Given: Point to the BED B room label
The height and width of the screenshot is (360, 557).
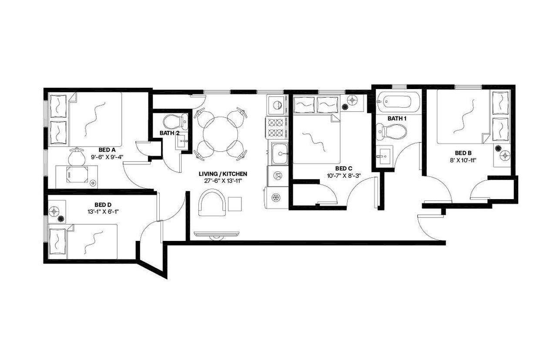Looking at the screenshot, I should pyautogui.click(x=463, y=153).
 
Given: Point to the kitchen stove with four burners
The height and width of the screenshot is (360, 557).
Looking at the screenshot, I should pyautogui.click(x=276, y=127).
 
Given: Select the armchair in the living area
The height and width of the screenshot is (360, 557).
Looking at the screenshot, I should pyautogui.click(x=212, y=205).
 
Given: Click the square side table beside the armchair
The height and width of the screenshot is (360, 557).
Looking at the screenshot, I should pyautogui.click(x=235, y=203).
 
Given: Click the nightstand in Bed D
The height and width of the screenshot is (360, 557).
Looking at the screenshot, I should pyautogui.click(x=57, y=211).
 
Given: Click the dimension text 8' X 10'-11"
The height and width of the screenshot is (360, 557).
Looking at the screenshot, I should pyautogui.click(x=463, y=160).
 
